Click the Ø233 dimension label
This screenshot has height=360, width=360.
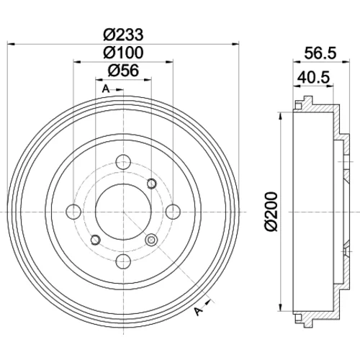[x=123, y=35]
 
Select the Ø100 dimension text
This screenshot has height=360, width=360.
[x=123, y=53]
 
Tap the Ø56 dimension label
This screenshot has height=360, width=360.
[x=123, y=71]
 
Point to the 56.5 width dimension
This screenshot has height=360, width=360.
[x=320, y=53]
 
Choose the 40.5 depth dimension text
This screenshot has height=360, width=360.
[x=313, y=77]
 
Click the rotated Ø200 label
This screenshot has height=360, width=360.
[x=271, y=212]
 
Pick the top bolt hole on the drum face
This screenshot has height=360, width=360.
[x=123, y=162]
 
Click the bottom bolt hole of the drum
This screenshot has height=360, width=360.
[x=123, y=261]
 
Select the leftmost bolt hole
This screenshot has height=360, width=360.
[x=73, y=212]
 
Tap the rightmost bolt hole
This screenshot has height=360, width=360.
[x=173, y=212]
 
